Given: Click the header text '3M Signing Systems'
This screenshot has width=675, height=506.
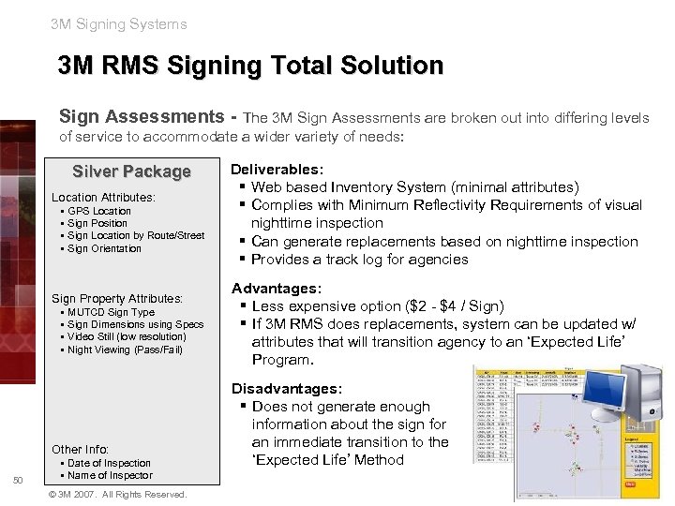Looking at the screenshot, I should (119, 24).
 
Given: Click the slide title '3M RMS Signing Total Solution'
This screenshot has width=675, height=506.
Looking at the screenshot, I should (250, 67).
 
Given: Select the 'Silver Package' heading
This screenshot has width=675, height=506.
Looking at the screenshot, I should (131, 171).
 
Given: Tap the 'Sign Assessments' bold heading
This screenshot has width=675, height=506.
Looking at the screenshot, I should (145, 117).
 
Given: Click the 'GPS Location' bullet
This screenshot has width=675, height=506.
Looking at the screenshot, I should (99, 211).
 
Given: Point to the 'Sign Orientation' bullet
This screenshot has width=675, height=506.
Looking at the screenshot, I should (104, 248).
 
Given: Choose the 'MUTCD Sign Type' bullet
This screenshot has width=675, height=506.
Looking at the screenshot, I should (111, 312).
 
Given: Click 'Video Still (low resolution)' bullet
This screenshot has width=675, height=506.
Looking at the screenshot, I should (127, 336).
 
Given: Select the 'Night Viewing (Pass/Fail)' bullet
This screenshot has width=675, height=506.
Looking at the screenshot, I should (125, 350).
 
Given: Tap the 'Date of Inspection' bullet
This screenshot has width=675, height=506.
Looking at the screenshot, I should (109, 463).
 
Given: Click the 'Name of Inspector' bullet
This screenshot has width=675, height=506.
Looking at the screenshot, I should (110, 475).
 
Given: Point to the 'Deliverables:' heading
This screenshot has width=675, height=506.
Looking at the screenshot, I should (277, 170).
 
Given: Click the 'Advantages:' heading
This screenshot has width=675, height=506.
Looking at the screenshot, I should (276, 288).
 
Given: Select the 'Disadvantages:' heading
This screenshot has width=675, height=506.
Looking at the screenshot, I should (287, 388).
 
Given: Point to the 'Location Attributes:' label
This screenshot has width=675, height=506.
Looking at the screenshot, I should (103, 198).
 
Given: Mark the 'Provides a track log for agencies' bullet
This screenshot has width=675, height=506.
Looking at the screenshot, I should (360, 260).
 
